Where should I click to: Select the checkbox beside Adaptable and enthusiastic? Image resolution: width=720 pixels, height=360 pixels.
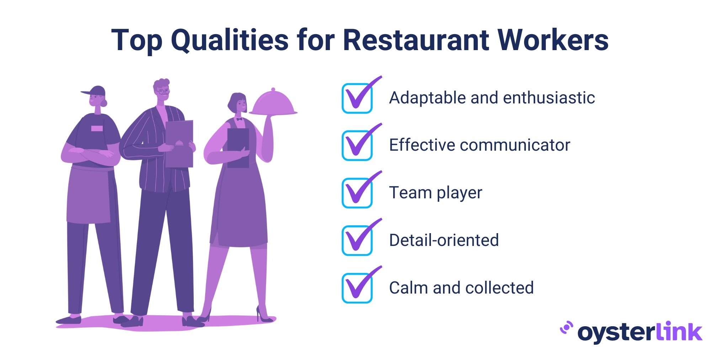click(357, 98)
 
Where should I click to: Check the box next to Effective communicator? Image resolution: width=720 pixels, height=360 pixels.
click(357, 146)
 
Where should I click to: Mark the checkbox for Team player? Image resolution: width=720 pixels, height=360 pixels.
click(357, 193)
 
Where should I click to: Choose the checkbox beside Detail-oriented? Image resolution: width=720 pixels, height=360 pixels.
click(357, 241)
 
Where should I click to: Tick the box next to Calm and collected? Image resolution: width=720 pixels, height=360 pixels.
click(357, 288)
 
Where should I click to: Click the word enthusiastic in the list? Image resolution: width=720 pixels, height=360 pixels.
click(549, 98)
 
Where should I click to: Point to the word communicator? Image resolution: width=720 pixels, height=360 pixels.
click(515, 145)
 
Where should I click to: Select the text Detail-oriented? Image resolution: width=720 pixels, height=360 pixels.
click(444, 240)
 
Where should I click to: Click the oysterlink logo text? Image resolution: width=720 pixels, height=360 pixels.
click(640, 332)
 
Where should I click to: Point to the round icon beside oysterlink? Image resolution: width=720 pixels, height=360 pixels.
click(566, 328)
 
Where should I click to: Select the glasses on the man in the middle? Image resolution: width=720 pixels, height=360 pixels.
click(163, 92)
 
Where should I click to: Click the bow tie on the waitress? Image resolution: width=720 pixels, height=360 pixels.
click(239, 119)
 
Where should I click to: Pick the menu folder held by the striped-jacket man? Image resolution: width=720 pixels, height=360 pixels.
click(179, 144)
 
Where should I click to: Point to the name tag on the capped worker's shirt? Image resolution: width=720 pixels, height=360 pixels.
click(97, 128)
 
